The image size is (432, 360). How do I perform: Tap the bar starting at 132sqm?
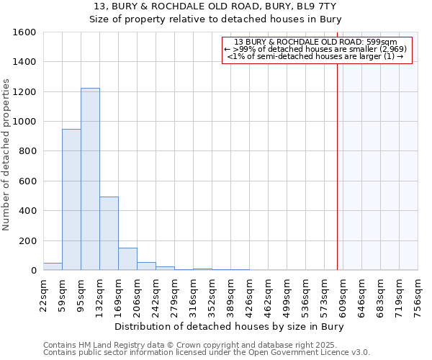click(x=109, y=233)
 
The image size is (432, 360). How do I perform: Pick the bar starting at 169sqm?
click(x=127, y=258)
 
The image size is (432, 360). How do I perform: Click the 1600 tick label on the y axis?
click(x=24, y=32)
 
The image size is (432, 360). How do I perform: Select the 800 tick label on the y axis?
click(x=27, y=151)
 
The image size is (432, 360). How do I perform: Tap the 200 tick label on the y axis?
click(x=27, y=240)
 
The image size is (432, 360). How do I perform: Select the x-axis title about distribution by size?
click(x=230, y=327)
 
